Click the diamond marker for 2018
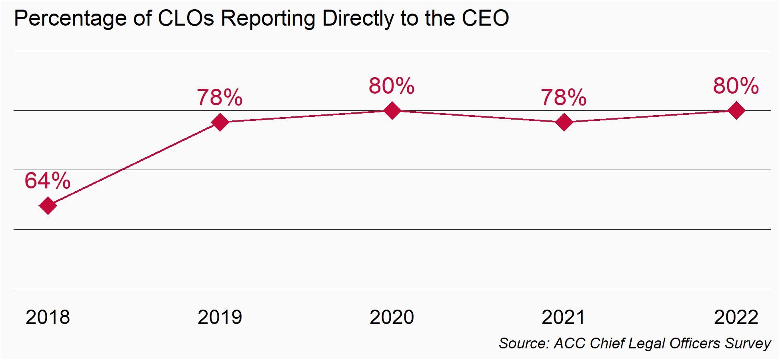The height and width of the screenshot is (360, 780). pos(48,206)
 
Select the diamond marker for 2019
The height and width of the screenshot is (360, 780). pos(220,122)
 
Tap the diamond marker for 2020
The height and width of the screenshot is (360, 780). pos(392,110)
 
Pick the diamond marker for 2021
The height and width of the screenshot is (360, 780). pos(564,122)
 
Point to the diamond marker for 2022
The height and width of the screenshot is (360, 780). pos(736,110)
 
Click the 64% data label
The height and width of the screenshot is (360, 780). pos(48,180)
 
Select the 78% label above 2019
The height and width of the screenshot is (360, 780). pos(220,97)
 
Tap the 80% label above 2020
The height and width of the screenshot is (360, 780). pos(392,86)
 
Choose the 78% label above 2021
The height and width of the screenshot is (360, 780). pos(564,97)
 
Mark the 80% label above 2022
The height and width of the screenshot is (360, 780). pos(736,86)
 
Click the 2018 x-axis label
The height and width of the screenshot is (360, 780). pos(48,317)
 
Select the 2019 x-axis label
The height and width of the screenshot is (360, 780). pos(220,317)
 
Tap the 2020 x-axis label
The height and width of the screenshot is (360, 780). pos(392,317)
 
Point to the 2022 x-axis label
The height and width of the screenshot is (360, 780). pos(736,317)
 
